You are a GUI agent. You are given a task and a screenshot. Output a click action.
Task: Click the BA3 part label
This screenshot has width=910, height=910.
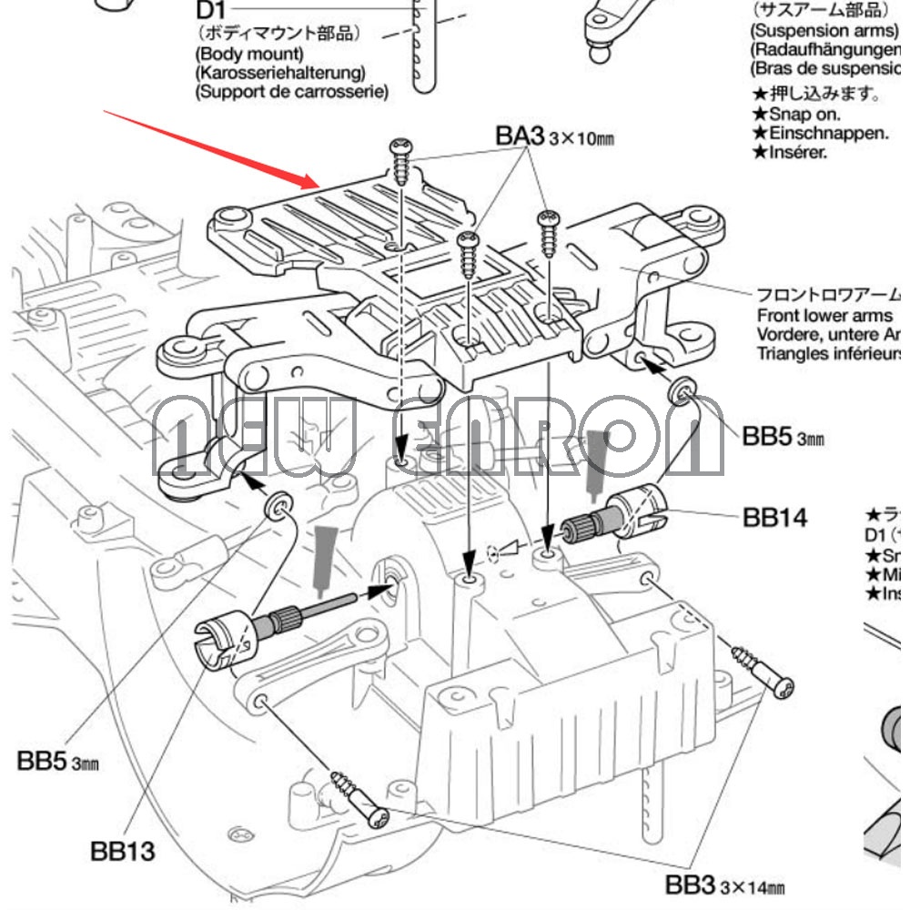tap(520, 136)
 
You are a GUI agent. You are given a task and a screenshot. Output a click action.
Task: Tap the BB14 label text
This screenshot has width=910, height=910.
tap(774, 518)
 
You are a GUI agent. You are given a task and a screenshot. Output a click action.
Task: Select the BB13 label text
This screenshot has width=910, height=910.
tap(123, 851)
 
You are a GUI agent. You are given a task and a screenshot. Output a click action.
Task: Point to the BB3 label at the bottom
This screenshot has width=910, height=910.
tap(691, 884)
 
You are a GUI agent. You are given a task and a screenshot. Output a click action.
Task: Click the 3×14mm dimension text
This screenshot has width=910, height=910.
tap(753, 886)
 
